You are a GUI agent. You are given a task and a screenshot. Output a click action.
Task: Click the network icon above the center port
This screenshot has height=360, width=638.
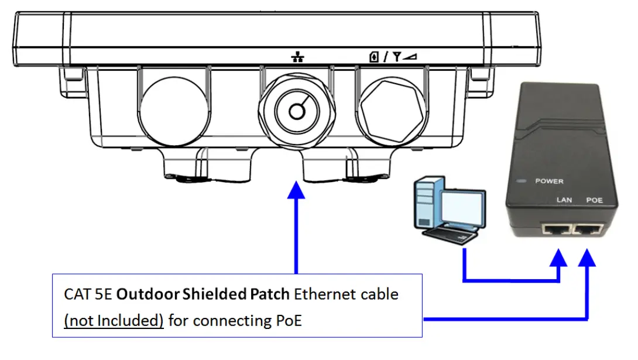coord(298,57)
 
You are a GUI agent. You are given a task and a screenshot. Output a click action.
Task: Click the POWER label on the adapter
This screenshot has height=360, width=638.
coord(549,181)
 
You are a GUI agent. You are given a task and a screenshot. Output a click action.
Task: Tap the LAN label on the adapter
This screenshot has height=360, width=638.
coord(564,200)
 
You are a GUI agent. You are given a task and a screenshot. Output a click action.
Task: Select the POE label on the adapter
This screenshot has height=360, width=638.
coord(594,200)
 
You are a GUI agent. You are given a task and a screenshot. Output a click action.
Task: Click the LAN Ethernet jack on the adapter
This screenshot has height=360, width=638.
coord(557,229)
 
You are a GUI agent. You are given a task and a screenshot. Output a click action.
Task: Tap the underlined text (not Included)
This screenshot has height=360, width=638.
coord(114,320)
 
